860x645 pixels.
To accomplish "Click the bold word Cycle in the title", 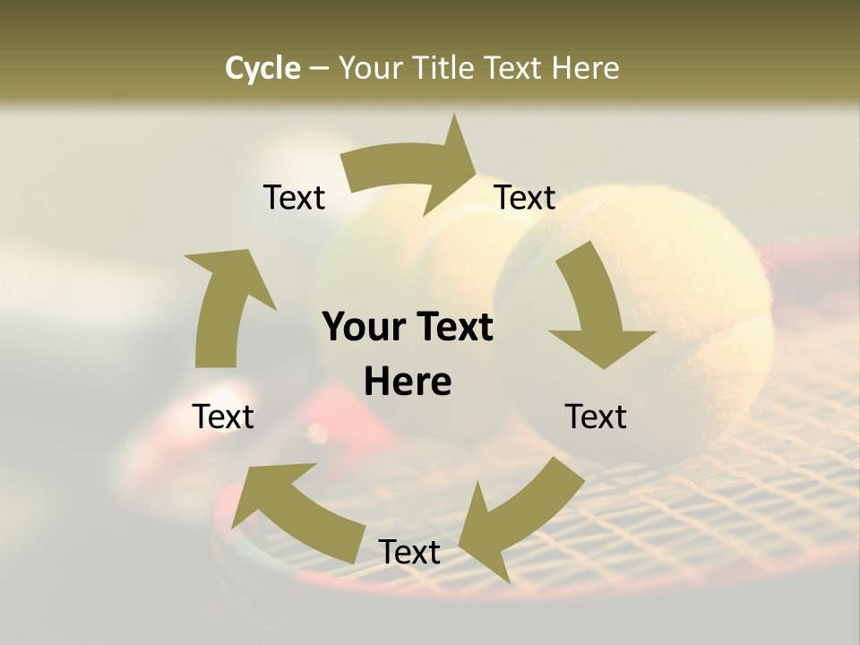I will coord(262,69).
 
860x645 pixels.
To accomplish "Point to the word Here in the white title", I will coord(586,68).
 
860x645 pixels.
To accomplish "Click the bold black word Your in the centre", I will coord(363,327).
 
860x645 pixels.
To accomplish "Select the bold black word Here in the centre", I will coord(408,383).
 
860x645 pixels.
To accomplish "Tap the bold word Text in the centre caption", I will coord(452,327).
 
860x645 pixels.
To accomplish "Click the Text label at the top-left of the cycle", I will coord(294,198).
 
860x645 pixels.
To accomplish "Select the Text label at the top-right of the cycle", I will coord(525,198).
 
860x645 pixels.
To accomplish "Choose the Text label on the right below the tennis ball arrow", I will coord(596,417).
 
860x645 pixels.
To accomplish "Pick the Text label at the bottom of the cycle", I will coord(409,553).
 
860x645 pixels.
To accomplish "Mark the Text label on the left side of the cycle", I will coord(223,417).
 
